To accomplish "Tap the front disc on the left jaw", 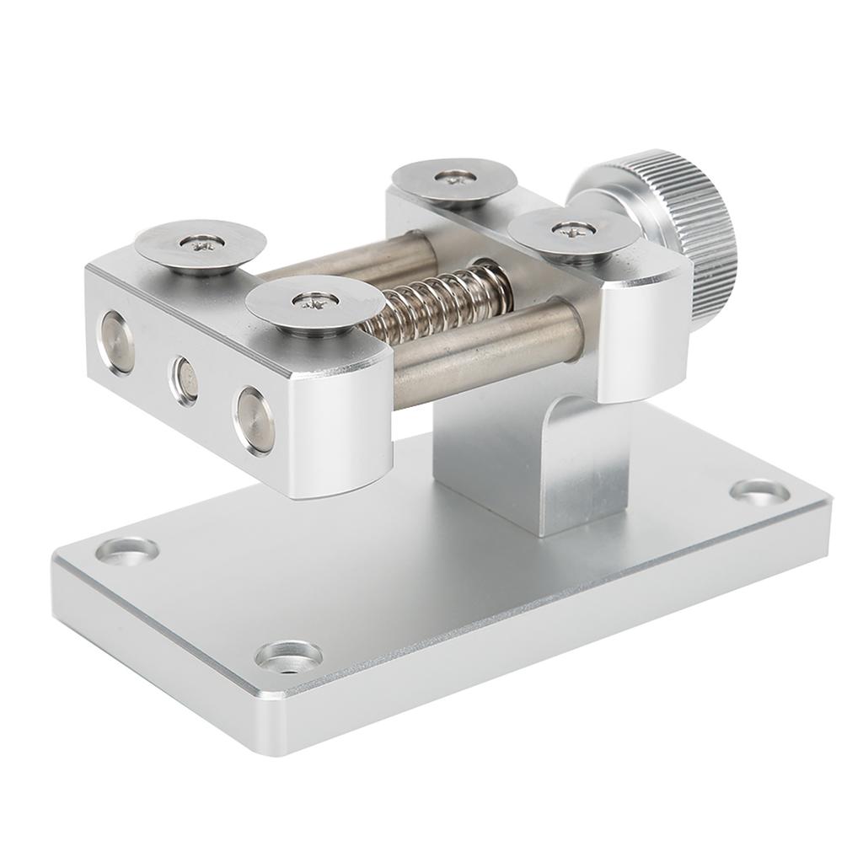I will (308, 303).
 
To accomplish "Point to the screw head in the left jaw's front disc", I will (304, 299).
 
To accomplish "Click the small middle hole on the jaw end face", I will (185, 380).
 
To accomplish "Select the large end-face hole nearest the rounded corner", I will (255, 419).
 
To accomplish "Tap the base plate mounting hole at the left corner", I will (126, 549).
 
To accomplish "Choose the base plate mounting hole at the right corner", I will (759, 491).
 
